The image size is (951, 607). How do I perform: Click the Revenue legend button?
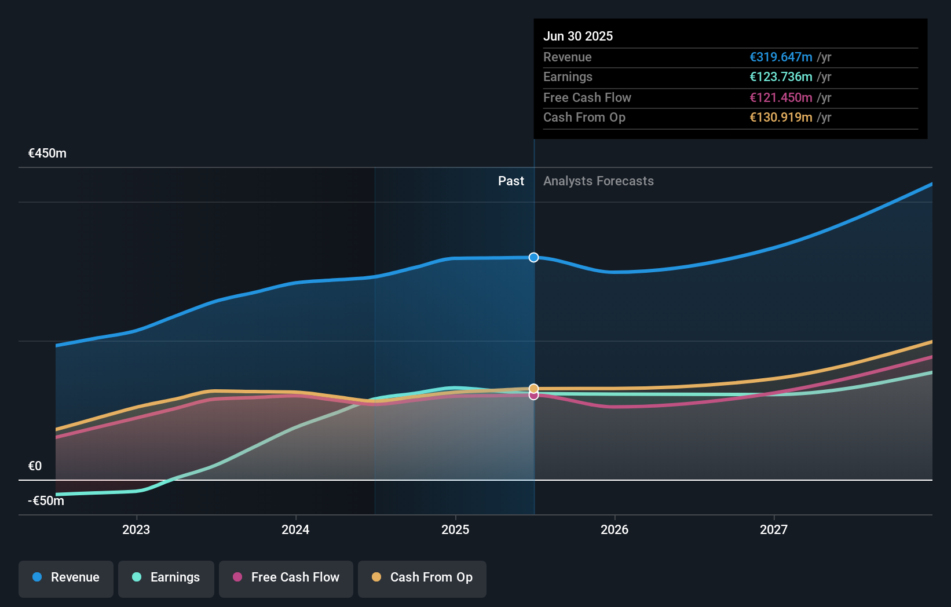point(66,577)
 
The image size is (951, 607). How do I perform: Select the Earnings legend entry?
point(166,577)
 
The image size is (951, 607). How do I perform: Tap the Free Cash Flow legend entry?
point(286,577)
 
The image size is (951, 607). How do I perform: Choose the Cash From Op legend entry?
point(422,577)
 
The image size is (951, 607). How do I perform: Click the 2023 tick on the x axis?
point(136,529)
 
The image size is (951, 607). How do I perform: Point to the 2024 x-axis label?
point(295,529)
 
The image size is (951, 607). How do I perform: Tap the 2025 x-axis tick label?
point(455,529)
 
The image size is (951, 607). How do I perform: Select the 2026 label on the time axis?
point(615,529)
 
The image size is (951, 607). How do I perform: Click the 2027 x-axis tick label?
point(774,529)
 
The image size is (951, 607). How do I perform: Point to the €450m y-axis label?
point(47,153)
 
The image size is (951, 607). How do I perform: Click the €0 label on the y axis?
point(35,466)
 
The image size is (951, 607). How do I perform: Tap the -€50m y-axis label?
point(46,501)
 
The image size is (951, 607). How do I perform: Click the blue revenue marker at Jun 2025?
point(533,257)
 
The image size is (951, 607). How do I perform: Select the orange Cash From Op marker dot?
point(533,388)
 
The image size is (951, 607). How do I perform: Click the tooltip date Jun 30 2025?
point(578,36)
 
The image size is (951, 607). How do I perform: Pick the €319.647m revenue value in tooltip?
point(781,57)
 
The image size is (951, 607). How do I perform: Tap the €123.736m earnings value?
point(781,77)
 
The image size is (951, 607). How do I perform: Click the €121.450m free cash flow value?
point(781,97)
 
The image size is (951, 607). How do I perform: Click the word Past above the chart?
point(511,181)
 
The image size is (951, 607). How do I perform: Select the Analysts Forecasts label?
point(598,181)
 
